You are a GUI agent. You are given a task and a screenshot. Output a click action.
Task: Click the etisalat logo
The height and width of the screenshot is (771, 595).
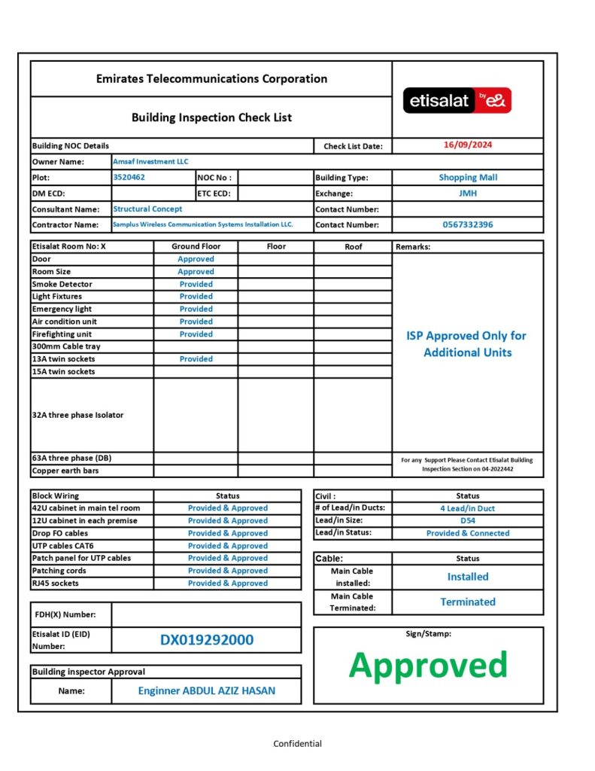click(457, 100)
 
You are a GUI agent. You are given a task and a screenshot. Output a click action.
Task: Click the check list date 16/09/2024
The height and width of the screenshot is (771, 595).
click(468, 145)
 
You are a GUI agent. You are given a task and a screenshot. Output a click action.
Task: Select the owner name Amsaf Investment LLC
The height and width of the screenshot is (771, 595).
click(150, 161)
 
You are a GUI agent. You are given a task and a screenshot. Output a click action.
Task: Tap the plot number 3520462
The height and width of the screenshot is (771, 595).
click(129, 178)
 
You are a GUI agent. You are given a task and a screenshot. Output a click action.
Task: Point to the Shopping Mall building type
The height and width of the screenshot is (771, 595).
click(468, 178)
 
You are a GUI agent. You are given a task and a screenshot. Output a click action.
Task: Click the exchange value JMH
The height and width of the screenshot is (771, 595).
click(468, 194)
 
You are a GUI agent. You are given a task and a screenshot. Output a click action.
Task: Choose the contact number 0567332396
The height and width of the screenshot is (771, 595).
click(468, 224)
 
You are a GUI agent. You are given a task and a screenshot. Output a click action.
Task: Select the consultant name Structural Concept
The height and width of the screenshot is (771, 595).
click(147, 209)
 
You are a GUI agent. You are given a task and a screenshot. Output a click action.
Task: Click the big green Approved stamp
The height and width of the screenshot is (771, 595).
click(428, 665)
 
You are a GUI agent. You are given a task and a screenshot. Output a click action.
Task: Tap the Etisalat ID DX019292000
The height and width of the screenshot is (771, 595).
click(207, 640)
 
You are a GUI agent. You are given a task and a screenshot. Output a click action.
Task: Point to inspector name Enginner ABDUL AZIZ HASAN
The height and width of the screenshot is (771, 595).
click(207, 690)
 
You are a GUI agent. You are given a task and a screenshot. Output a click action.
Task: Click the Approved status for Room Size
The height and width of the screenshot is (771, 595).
click(196, 272)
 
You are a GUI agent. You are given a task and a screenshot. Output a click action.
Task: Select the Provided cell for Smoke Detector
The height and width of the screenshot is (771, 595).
click(196, 284)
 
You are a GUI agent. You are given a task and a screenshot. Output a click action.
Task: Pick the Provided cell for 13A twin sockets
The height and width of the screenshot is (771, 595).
click(196, 359)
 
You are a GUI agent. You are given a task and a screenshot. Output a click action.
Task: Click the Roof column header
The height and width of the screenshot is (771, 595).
click(353, 246)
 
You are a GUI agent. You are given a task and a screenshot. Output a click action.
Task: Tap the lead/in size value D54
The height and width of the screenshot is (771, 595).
click(468, 520)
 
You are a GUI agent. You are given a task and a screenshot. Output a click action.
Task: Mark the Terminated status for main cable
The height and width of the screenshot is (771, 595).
click(468, 602)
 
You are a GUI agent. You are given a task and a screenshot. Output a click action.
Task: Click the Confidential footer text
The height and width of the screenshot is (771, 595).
click(297, 744)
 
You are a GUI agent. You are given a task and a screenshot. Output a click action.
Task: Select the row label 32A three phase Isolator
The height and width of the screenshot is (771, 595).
click(77, 415)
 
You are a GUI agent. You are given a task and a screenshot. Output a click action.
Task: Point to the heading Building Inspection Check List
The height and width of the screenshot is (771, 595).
click(211, 117)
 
